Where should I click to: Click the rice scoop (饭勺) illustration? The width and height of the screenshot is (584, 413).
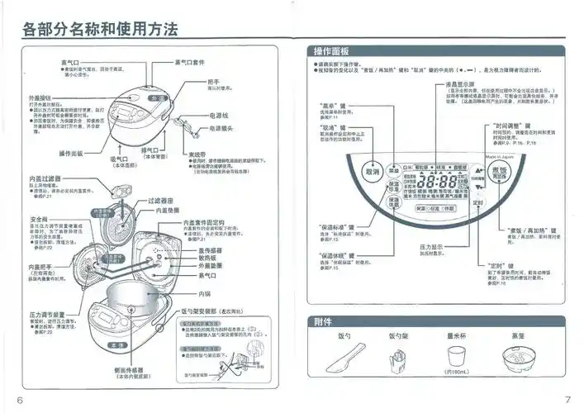347,362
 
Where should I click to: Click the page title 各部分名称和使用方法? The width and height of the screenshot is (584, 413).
100,30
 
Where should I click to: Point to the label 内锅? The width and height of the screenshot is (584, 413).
208,293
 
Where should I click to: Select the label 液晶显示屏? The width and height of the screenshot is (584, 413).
462,84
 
